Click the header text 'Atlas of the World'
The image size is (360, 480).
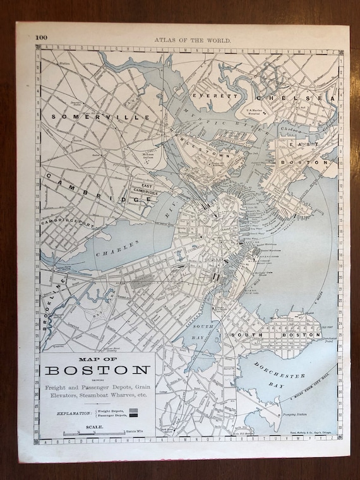[x=193, y=39]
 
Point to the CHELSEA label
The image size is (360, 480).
[x=294, y=99]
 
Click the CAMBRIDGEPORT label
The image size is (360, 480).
[x=68, y=221]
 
